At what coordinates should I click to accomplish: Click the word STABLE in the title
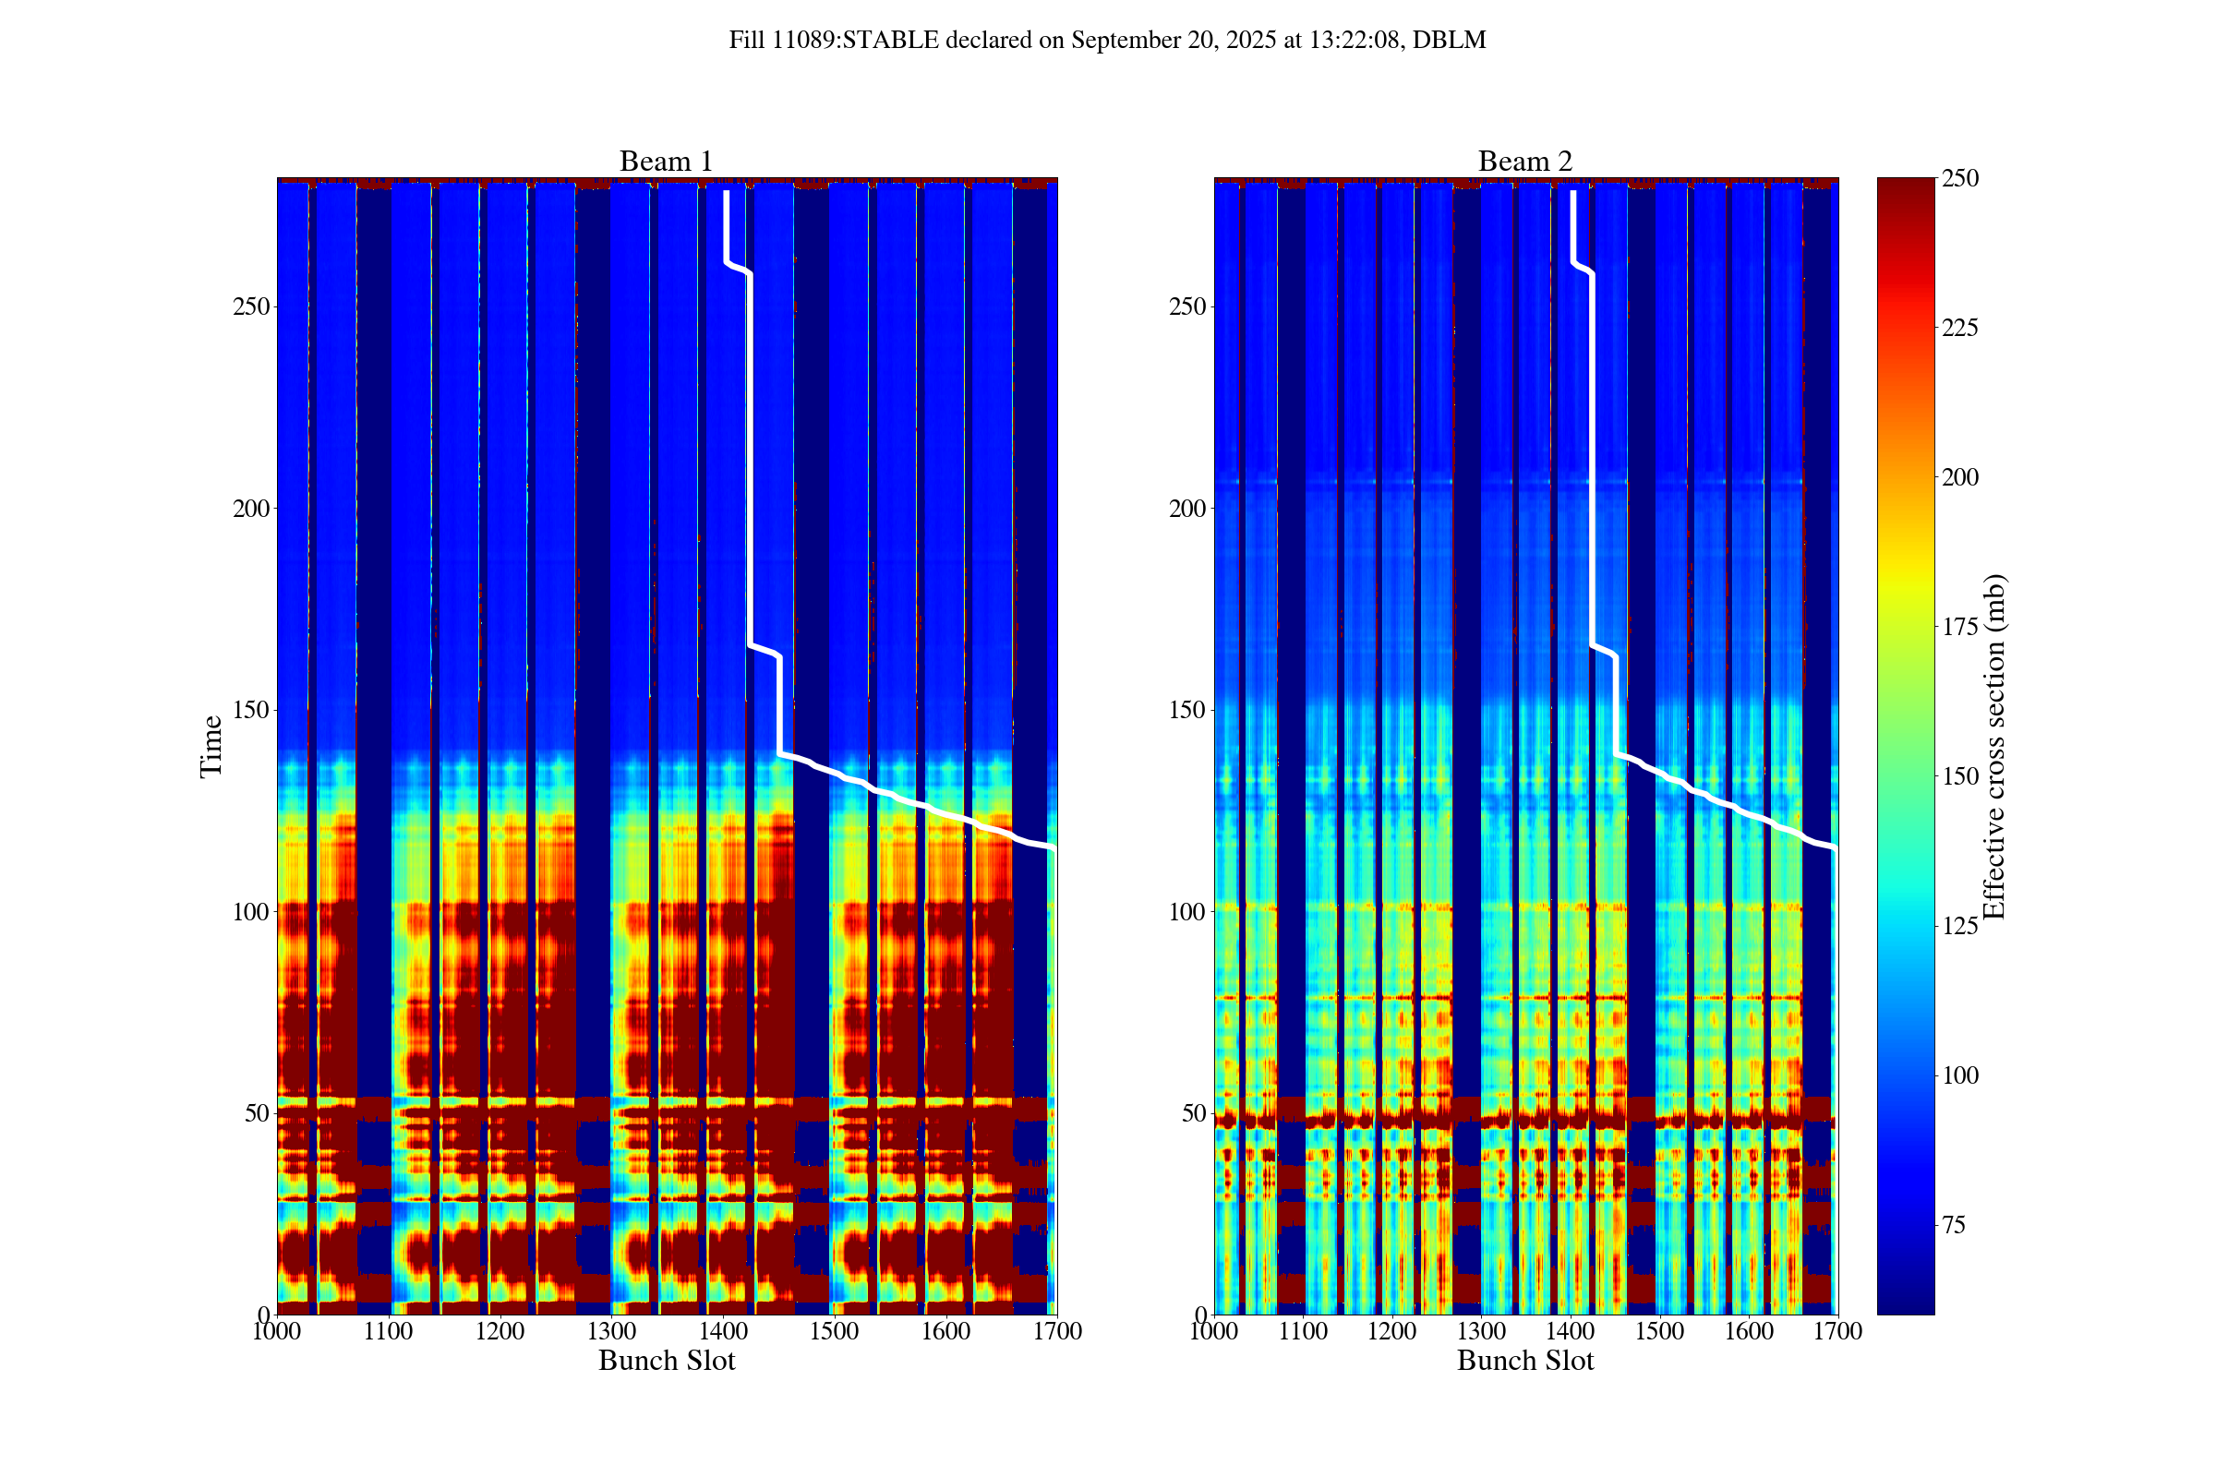pyautogui.click(x=890, y=41)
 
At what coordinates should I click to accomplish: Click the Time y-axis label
pyautogui.click(x=211, y=746)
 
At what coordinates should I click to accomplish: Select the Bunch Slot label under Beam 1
pyautogui.click(x=666, y=1360)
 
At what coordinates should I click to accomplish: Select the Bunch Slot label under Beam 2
pyautogui.click(x=1524, y=1360)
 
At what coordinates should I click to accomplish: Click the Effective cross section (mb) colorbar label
pyautogui.click(x=1993, y=746)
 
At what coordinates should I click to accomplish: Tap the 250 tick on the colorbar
pyautogui.click(x=1959, y=178)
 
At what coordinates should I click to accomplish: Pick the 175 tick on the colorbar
pyautogui.click(x=1959, y=627)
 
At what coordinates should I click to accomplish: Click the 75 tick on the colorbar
pyautogui.click(x=1955, y=1225)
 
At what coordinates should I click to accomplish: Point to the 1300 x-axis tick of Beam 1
pyautogui.click(x=611, y=1331)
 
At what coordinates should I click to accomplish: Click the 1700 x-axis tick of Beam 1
pyautogui.click(x=1057, y=1331)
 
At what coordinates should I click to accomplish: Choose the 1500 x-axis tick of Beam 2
pyautogui.click(x=1659, y=1331)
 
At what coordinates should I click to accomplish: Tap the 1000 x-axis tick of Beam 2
pyautogui.click(x=1214, y=1331)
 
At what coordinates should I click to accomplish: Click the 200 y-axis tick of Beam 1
pyautogui.click(x=249, y=509)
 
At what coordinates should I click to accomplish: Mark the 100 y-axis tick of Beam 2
pyautogui.click(x=1186, y=912)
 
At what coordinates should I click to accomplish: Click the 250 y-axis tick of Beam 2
pyautogui.click(x=1186, y=307)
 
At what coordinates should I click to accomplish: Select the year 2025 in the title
pyautogui.click(x=1249, y=41)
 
